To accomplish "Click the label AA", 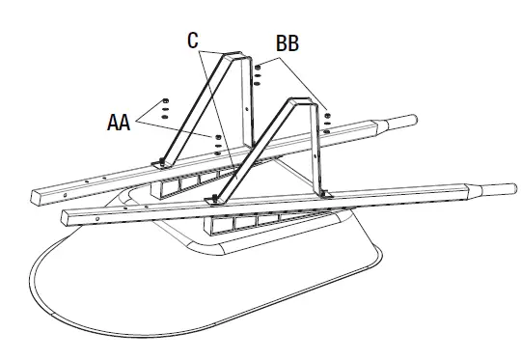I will point(120,123).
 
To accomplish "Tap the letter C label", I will point(193,41).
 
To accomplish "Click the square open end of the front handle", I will point(68,218).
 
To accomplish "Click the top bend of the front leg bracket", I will point(295,102).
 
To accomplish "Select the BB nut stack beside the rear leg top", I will point(259,75).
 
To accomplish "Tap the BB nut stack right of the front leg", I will point(329,118).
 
